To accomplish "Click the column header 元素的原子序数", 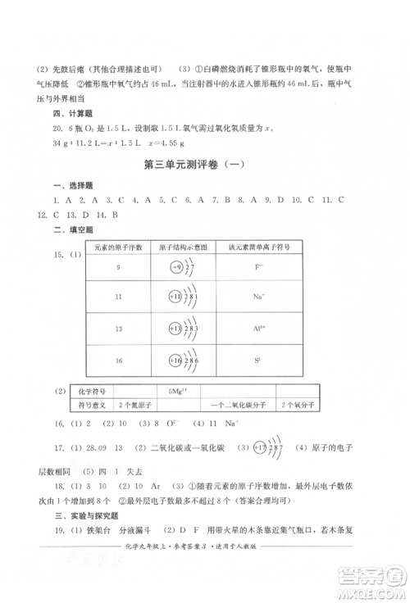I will pos(118,247).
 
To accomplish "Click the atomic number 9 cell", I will pos(118,268).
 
